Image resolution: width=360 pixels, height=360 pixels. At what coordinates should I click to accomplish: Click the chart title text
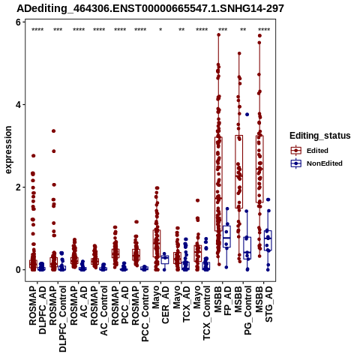[x=150, y=9]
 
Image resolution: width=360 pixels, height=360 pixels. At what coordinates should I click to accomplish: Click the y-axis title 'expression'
[x=8, y=150]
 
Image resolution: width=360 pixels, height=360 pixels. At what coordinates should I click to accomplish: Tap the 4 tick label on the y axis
[x=18, y=105]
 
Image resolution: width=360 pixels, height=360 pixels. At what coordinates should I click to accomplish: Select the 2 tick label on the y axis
[x=18, y=187]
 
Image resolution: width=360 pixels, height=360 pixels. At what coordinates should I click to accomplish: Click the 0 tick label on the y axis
[x=18, y=270]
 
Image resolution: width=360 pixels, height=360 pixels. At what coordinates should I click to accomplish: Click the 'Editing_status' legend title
[x=320, y=136]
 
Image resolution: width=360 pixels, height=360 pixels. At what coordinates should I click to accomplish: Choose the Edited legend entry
[x=317, y=151]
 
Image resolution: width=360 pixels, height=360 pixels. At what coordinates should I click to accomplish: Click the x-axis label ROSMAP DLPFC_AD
[x=37, y=310]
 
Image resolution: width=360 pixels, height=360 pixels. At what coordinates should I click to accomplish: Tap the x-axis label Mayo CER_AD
[x=160, y=304]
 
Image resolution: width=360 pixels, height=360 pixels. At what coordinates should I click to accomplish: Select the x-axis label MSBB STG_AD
[x=264, y=304]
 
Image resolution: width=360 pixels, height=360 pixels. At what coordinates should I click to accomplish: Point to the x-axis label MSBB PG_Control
[x=243, y=310]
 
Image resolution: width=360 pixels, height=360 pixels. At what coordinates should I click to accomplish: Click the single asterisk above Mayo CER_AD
[x=160, y=30]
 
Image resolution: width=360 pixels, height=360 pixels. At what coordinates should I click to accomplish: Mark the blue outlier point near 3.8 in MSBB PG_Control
[x=247, y=115]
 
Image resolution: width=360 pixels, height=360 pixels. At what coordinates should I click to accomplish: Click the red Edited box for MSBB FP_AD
[x=218, y=184]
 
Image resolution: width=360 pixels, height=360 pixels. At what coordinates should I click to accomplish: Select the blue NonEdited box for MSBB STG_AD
[x=268, y=241]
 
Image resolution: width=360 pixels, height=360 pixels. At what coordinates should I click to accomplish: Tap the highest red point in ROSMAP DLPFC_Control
[x=53, y=131]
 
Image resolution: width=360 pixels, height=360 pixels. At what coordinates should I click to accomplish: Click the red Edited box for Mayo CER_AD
[x=157, y=243]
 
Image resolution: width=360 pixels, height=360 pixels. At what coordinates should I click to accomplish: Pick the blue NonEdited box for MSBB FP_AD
[x=226, y=236]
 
